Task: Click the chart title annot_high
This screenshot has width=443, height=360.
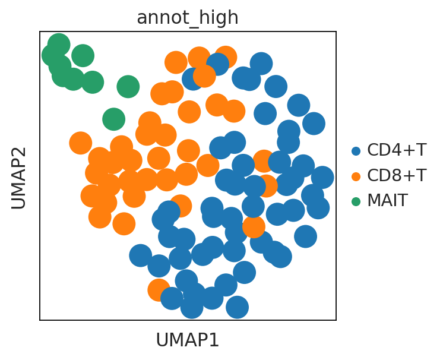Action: tap(188, 18)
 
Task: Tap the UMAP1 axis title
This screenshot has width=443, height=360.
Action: tap(188, 340)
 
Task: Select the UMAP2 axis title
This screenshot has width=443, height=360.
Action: tap(18, 178)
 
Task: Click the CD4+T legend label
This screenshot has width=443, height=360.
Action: tap(396, 150)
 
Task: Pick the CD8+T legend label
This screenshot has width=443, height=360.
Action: tap(396, 175)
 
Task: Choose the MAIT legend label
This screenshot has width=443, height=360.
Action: tap(387, 201)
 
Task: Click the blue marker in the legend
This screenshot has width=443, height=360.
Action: tap(356, 151)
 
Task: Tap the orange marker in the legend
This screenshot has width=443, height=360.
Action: tap(356, 176)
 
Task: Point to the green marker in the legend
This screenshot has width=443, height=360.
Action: tap(356, 201)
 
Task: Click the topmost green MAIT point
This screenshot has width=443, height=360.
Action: tap(59, 45)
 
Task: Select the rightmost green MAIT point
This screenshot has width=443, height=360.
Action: tap(128, 87)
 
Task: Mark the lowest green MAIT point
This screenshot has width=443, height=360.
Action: tap(113, 119)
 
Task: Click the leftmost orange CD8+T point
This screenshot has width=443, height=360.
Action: tap(81, 143)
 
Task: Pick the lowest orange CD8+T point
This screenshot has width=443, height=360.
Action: tap(159, 290)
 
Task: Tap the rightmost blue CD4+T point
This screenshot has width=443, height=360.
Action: tap(322, 177)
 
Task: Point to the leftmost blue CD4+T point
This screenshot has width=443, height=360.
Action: tap(140, 255)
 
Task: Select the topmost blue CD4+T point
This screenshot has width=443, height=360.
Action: tap(261, 64)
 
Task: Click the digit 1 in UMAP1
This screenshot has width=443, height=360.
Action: tap(216, 340)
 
